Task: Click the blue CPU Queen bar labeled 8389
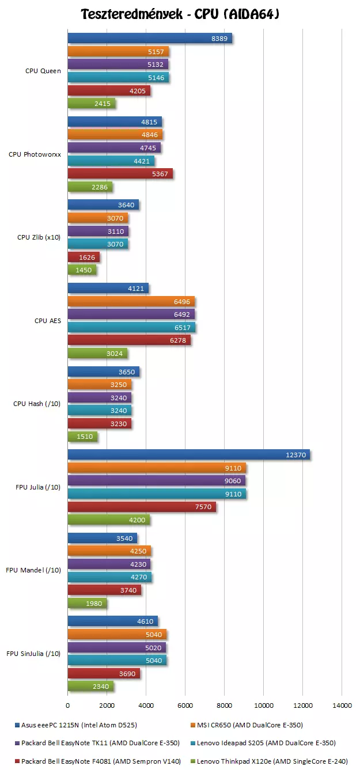click(x=150, y=39)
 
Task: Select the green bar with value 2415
click(x=92, y=104)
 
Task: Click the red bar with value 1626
click(x=84, y=257)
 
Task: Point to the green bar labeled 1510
click(x=82, y=437)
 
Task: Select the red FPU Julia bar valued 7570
click(x=142, y=507)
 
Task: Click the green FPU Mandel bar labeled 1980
click(x=87, y=604)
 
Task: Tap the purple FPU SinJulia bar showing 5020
click(x=117, y=647)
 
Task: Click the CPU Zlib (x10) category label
click(x=39, y=237)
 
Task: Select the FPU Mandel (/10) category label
click(x=33, y=570)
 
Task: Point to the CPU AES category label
click(x=48, y=321)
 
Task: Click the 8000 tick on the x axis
click(x=224, y=705)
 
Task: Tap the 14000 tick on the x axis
click(x=342, y=705)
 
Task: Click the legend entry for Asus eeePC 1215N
click(x=78, y=725)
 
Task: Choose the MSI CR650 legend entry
click(x=248, y=725)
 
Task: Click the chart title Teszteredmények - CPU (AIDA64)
click(x=180, y=14)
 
